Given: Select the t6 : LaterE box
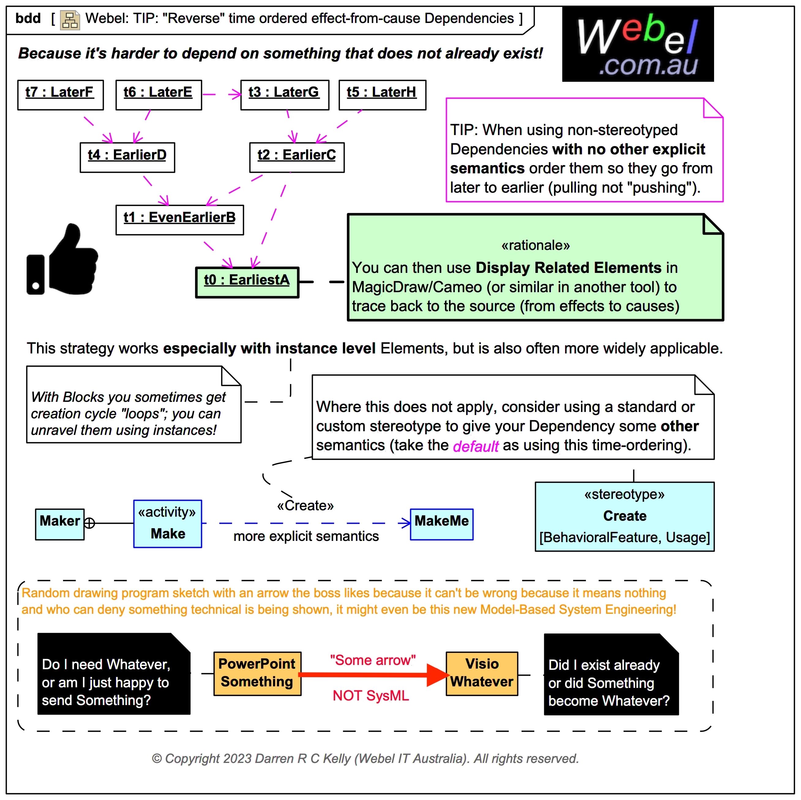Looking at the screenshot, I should tap(158, 95).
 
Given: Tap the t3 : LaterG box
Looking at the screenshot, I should tap(284, 95).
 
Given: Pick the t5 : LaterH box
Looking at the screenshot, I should tap(382, 95).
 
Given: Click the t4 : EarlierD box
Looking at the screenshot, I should tap(127, 157).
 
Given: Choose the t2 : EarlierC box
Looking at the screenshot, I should tap(297, 157).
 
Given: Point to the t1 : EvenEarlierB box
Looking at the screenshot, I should tap(180, 220).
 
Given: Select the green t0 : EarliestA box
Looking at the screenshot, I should tap(247, 282).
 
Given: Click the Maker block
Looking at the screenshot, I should tap(60, 524).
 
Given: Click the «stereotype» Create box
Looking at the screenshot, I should tap(624, 516).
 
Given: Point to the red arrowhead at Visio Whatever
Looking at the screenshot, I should tap(437, 675).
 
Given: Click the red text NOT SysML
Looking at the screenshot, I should tap(371, 696).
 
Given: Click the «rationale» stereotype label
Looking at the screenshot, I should tap(535, 245).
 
